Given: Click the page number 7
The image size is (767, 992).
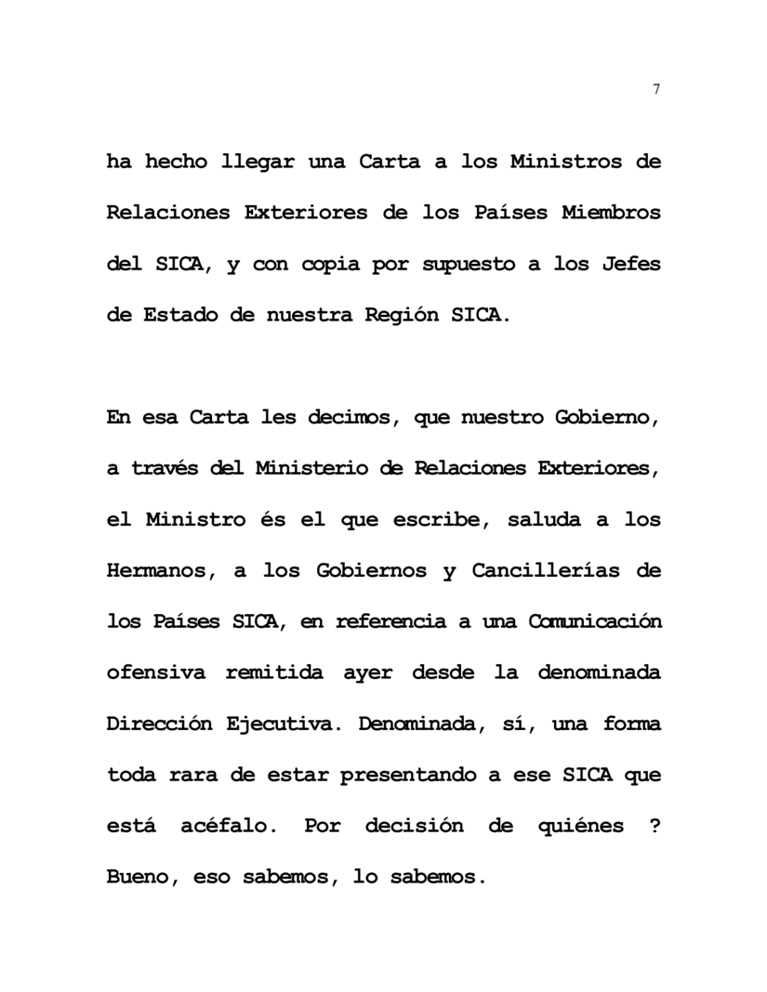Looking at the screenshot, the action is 656,89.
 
